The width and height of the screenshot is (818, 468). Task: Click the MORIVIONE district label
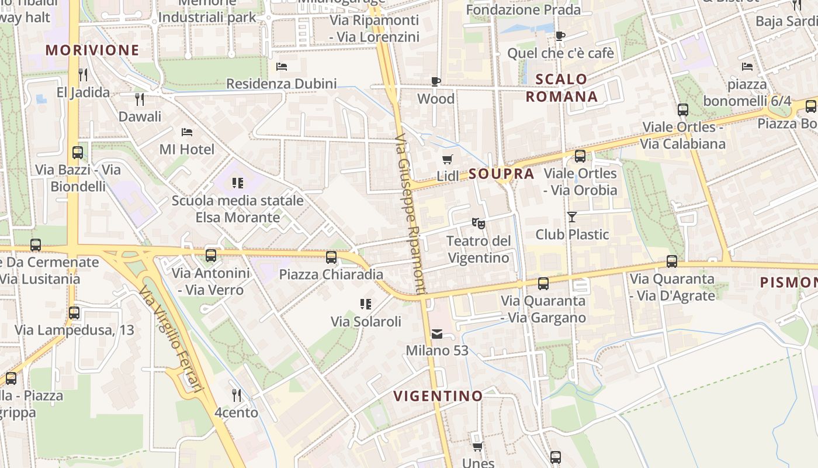click(x=92, y=50)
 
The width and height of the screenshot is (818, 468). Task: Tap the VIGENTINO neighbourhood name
click(x=438, y=396)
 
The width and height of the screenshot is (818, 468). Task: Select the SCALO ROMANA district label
click(x=561, y=88)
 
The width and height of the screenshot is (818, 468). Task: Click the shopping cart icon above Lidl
click(x=448, y=159)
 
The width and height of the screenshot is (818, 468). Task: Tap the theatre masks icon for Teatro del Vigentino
click(x=478, y=223)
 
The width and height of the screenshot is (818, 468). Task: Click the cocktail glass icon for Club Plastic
click(x=572, y=217)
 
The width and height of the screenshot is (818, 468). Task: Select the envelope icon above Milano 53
click(x=437, y=334)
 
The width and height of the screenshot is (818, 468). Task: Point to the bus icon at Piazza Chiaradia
click(x=331, y=257)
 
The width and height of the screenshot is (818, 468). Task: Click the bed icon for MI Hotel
click(x=187, y=132)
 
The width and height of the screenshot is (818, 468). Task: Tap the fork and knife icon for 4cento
click(x=236, y=395)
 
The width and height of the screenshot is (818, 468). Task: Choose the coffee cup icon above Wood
click(x=436, y=81)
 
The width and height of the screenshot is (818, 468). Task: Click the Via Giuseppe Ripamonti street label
click(x=411, y=214)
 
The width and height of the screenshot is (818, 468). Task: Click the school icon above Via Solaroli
click(x=366, y=304)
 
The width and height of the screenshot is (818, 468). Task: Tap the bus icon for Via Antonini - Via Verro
click(x=211, y=256)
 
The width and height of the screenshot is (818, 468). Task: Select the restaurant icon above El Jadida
click(x=83, y=75)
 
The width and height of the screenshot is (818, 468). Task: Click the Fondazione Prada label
click(x=524, y=10)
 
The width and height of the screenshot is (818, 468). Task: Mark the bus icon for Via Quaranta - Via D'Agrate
click(x=672, y=261)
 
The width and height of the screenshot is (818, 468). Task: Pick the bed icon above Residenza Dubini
click(x=282, y=67)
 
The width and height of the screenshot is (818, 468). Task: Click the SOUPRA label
click(x=501, y=174)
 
